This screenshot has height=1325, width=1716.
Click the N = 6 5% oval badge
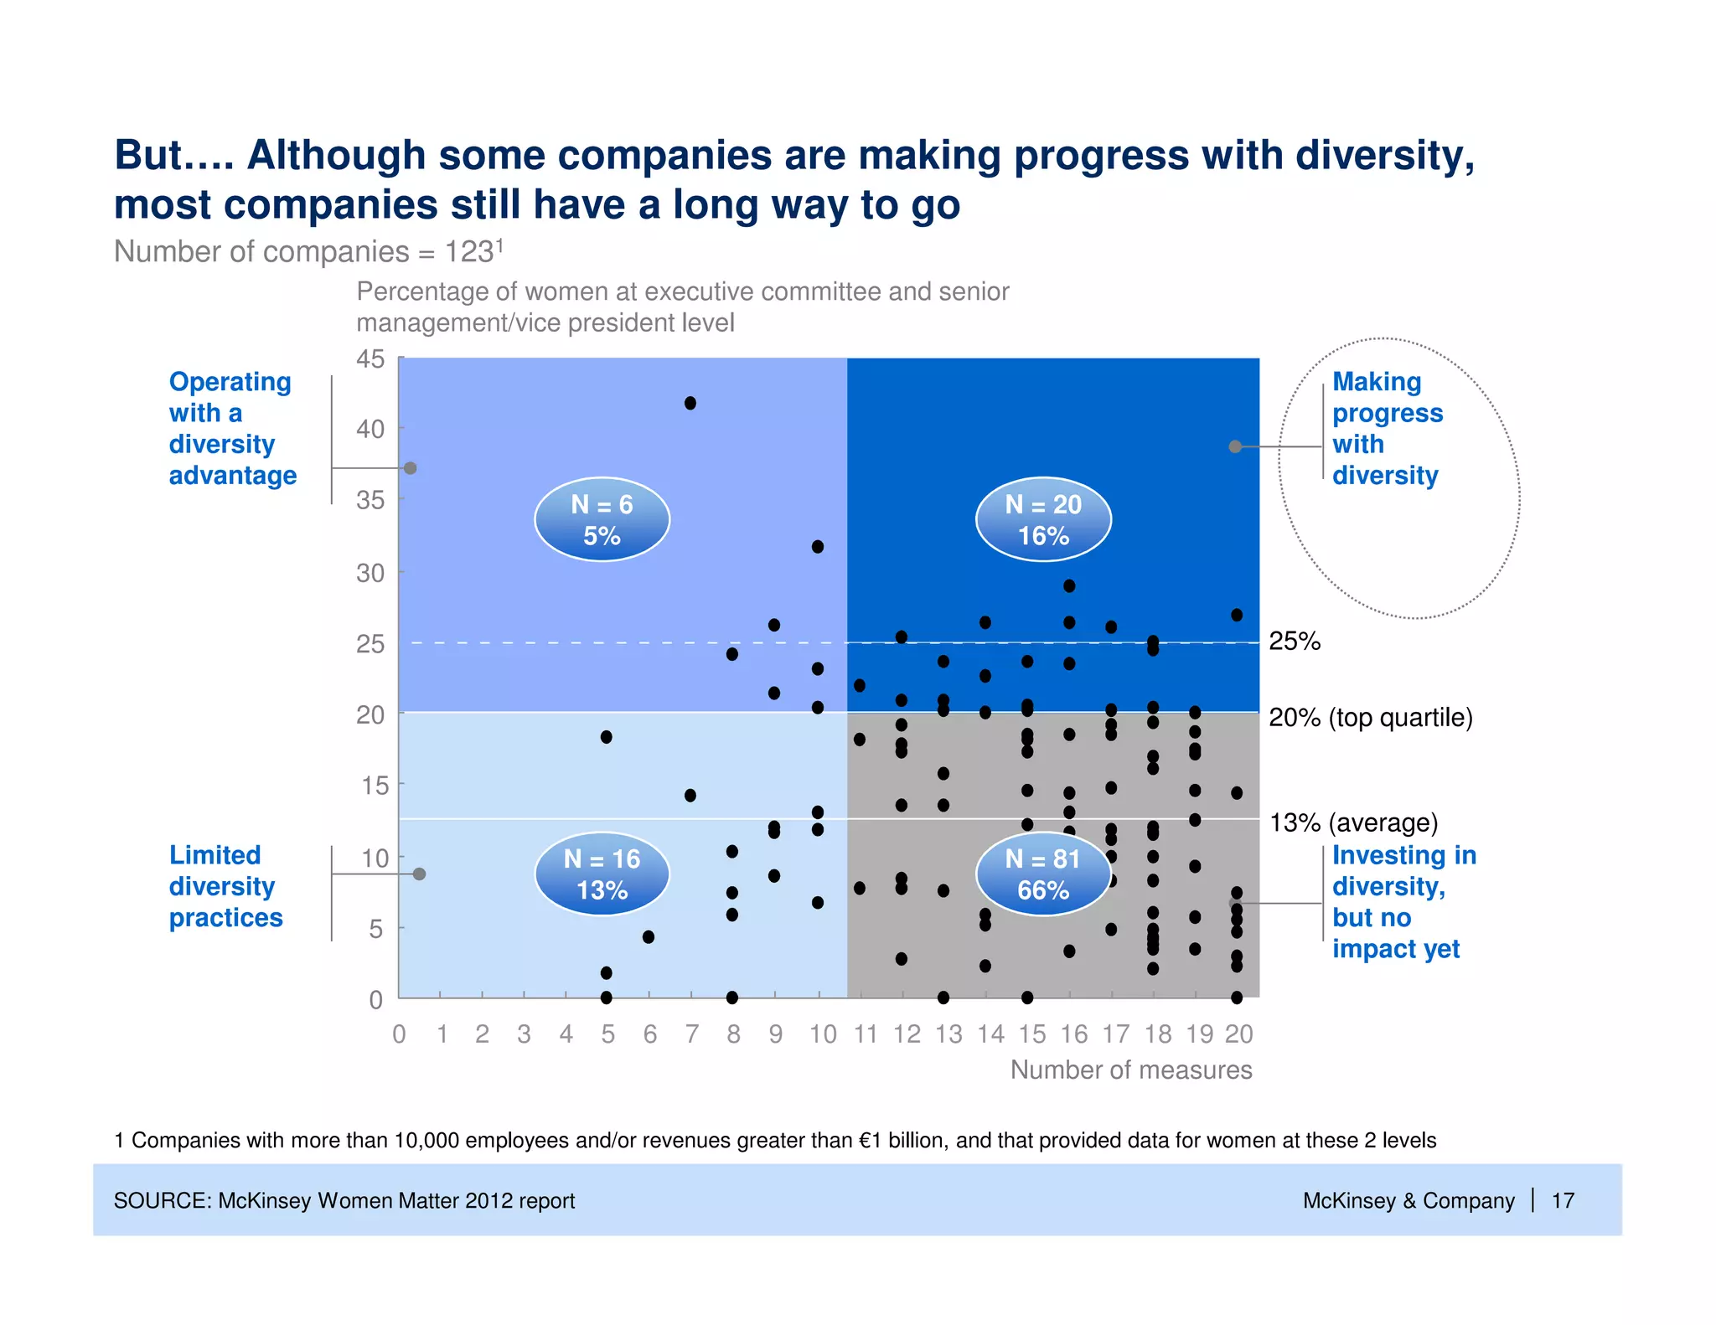pyautogui.click(x=602, y=520)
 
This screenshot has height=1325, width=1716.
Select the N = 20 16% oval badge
pyautogui.click(x=1043, y=520)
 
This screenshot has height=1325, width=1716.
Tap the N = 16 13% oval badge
pyautogui.click(x=602, y=874)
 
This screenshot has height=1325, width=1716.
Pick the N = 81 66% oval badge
pyautogui.click(x=1043, y=874)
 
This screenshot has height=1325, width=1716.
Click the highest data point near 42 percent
pyautogui.click(x=690, y=403)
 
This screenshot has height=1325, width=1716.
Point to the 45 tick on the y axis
pyautogui.click(x=370, y=359)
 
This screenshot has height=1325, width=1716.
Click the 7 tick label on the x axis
pyautogui.click(x=691, y=1034)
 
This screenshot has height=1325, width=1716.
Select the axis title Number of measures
pyautogui.click(x=1130, y=1070)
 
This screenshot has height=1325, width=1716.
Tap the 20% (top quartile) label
pyautogui.click(x=1370, y=718)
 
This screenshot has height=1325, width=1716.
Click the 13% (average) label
pyautogui.click(x=1353, y=822)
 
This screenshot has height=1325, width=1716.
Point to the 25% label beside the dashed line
pyautogui.click(x=1294, y=642)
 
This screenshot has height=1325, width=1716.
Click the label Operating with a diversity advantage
pyautogui.click(x=232, y=428)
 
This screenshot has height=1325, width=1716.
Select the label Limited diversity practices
pyautogui.click(x=225, y=886)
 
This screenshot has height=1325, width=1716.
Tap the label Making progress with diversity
pyautogui.click(x=1387, y=428)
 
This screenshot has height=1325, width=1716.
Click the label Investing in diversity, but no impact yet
pyautogui.click(x=1403, y=901)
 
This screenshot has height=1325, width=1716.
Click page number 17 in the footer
pyautogui.click(x=1563, y=1200)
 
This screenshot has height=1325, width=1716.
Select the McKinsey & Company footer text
pyautogui.click(x=1408, y=1200)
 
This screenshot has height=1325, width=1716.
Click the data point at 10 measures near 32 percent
pyautogui.click(x=818, y=547)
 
